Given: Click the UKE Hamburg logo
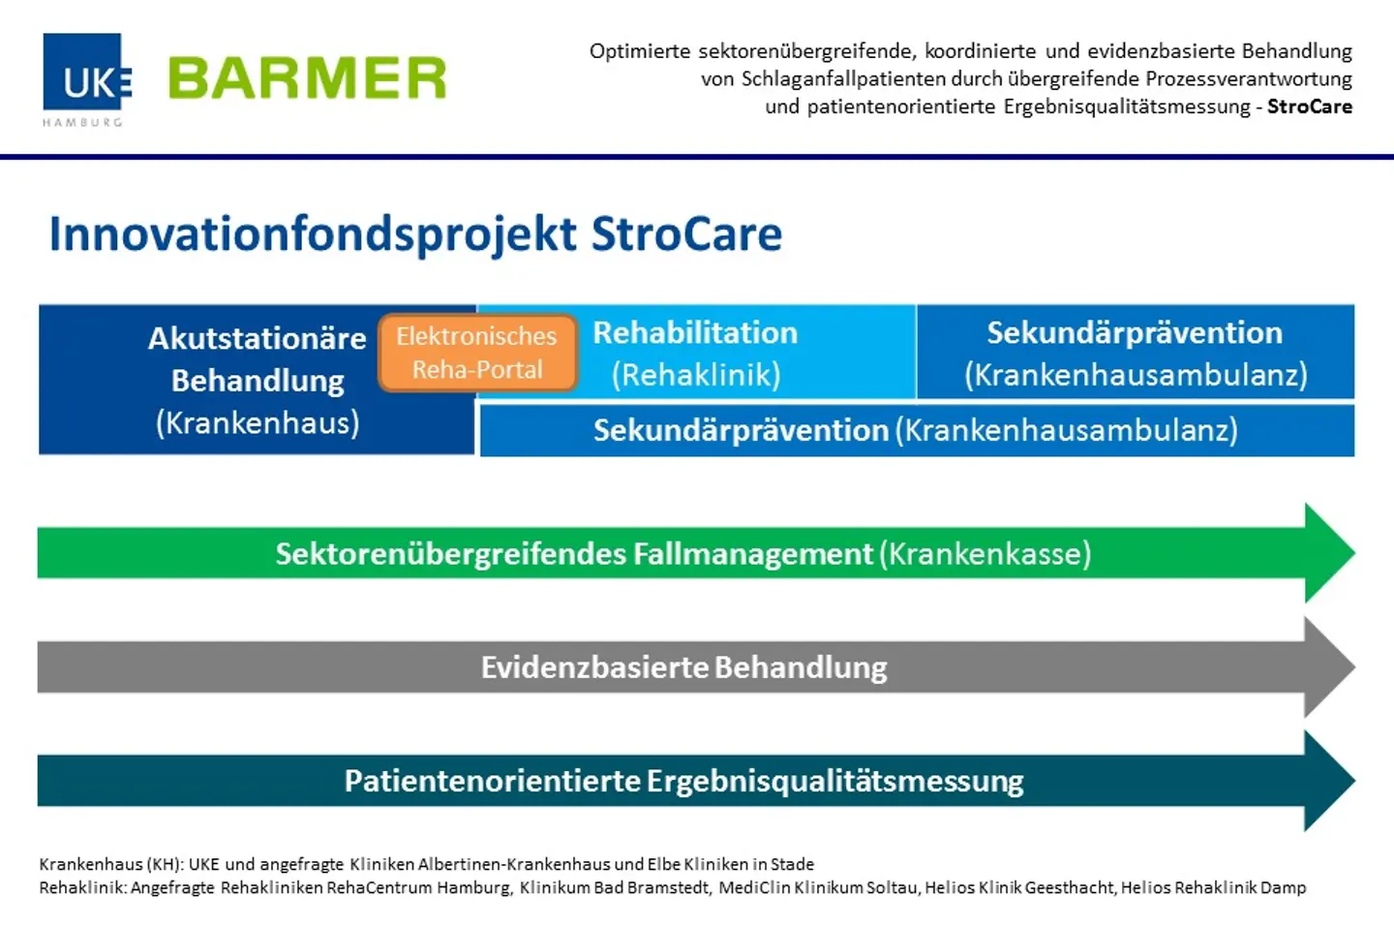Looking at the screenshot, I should (x=85, y=77).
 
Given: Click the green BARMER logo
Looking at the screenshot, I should (x=307, y=78).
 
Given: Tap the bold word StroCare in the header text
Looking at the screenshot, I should (x=1309, y=107).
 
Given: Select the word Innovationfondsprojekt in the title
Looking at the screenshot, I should (x=313, y=234).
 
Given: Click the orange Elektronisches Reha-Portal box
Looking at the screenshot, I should (x=477, y=353).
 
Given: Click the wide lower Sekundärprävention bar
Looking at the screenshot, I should (x=916, y=430).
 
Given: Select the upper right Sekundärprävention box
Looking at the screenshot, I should (x=1135, y=353).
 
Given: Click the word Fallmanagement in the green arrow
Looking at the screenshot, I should (x=752, y=554).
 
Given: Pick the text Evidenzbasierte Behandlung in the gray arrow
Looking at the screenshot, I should (x=683, y=667).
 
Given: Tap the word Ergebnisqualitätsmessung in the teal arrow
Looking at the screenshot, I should (x=834, y=781).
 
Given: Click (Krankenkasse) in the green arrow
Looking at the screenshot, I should (x=985, y=554).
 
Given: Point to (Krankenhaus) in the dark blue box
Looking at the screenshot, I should (x=258, y=423).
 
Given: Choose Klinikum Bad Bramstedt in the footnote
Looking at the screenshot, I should (x=614, y=887).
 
